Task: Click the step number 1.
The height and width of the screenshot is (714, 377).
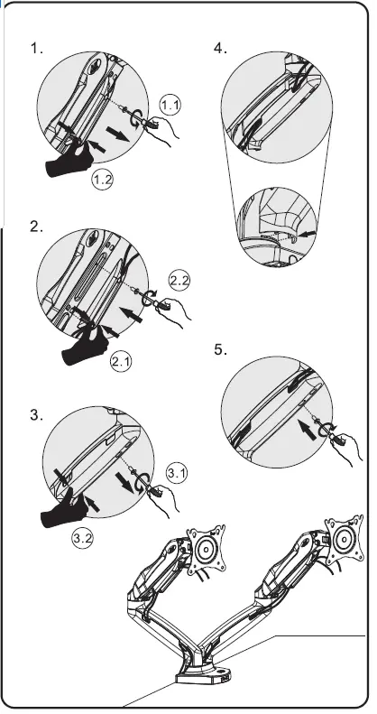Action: tap(36, 48)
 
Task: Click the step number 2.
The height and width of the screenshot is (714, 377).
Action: tap(36, 227)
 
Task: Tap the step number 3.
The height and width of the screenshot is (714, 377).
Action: tap(37, 415)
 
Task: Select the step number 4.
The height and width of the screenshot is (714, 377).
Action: tap(221, 48)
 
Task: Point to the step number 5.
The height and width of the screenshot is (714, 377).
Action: tap(221, 349)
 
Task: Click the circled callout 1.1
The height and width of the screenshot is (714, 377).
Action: tap(170, 106)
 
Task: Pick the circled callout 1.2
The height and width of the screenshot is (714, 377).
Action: tap(102, 179)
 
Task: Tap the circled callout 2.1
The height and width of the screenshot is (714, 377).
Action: tap(121, 362)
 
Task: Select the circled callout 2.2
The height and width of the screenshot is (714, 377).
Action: tap(179, 281)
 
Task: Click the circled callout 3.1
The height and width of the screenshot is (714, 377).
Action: tap(177, 473)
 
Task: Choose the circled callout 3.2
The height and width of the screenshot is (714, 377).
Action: tap(82, 538)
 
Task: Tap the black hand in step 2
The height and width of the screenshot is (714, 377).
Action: tap(85, 347)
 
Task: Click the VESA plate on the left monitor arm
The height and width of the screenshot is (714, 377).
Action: tap(207, 550)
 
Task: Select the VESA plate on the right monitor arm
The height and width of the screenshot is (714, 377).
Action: tap(345, 540)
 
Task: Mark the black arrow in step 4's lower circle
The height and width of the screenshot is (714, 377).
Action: tap(308, 234)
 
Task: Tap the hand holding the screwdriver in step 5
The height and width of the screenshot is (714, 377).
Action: tap(349, 449)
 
